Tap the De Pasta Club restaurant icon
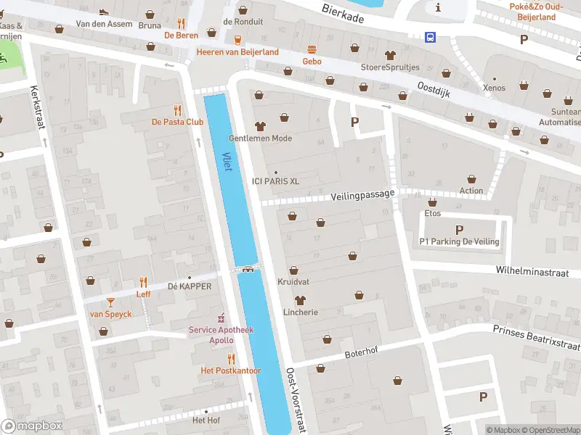[177, 110]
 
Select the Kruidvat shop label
[293, 281]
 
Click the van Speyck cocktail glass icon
[110, 302]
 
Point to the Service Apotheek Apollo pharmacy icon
[222, 318]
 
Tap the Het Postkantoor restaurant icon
[231, 359]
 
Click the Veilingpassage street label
[362, 195]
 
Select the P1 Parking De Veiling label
[459, 241]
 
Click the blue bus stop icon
[431, 37]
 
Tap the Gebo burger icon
[312, 50]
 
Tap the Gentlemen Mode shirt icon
[260, 126]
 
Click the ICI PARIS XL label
[275, 181]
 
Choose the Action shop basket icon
[471, 179]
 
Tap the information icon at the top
[439, 7]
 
